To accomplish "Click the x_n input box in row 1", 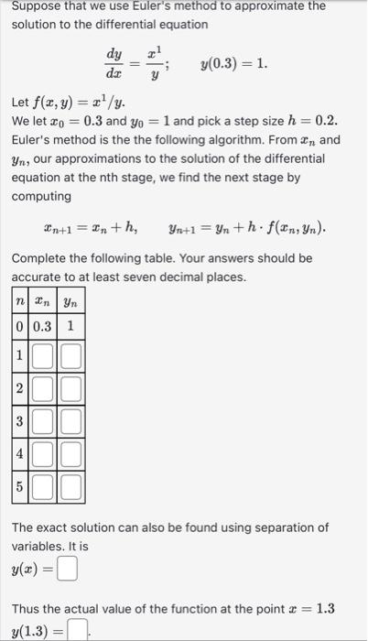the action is click(43, 353).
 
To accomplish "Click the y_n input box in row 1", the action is click(71, 353).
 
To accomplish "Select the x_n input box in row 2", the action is click(43, 387).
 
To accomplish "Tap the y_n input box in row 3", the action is click(71, 421).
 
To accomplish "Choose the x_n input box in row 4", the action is click(43, 453).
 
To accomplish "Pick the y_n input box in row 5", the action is click(71, 486).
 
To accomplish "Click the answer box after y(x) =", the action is click(66, 570).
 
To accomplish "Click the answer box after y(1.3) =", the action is click(82, 629).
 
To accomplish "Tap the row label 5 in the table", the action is click(19, 486).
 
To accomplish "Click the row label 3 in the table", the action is click(19, 421).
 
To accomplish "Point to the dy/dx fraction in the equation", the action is click(114, 64).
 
